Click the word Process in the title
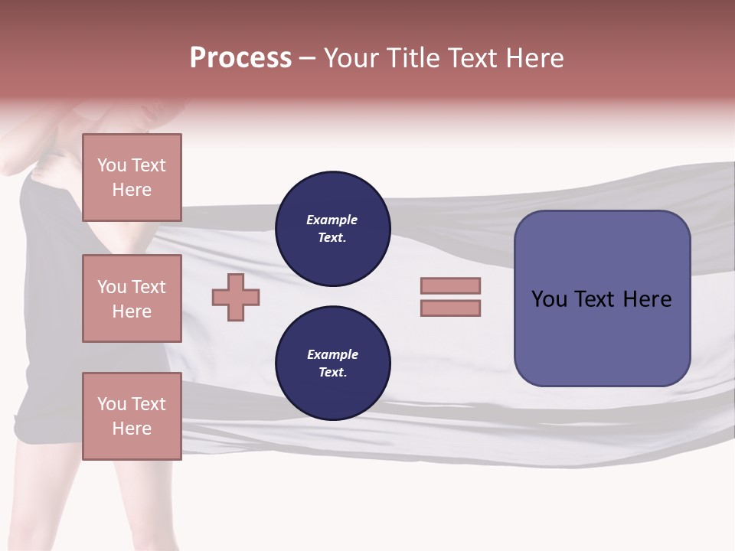tap(240, 58)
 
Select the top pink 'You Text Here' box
tap(132, 178)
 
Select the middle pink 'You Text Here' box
tap(132, 298)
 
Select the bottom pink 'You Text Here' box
tap(132, 416)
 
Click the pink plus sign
tap(236, 297)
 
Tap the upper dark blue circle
tap(332, 229)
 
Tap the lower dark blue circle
tap(332, 363)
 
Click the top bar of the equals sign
tap(450, 285)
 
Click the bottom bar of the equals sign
tap(450, 308)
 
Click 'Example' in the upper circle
tap(332, 220)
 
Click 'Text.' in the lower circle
tap(332, 372)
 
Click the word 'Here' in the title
tap(534, 58)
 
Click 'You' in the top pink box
tap(112, 165)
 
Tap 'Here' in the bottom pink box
tap(132, 429)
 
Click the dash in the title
tap(307, 58)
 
